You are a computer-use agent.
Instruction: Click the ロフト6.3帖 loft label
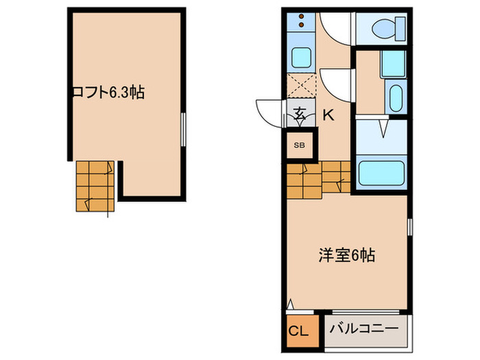tap(108, 93)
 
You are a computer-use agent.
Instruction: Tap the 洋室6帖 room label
tap(346, 255)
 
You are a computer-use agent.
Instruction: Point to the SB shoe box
tap(299, 145)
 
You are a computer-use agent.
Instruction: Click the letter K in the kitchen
tap(328, 115)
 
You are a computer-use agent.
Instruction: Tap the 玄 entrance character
tap(300, 115)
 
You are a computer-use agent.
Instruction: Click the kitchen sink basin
tap(300, 56)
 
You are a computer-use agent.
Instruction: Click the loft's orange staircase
tap(94, 186)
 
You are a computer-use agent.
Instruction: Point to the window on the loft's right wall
tap(184, 129)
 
